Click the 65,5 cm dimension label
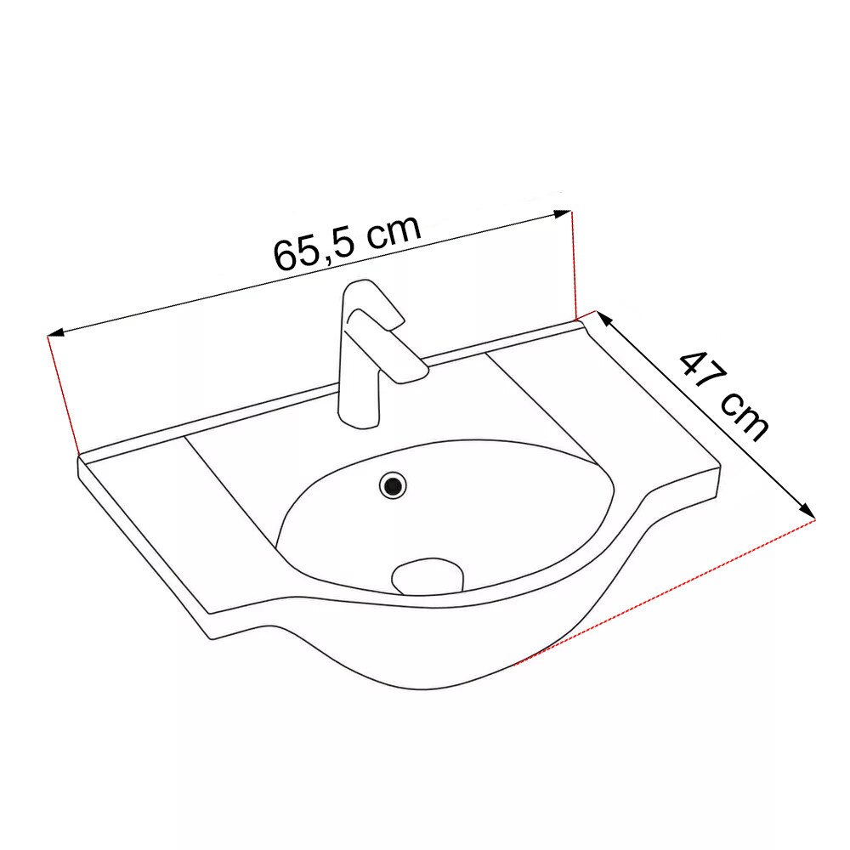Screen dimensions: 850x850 click(x=348, y=242)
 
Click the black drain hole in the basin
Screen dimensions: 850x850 click(x=393, y=485)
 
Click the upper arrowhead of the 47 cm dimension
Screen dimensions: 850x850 click(x=603, y=318)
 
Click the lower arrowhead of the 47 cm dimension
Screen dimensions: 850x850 click(x=807, y=511)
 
